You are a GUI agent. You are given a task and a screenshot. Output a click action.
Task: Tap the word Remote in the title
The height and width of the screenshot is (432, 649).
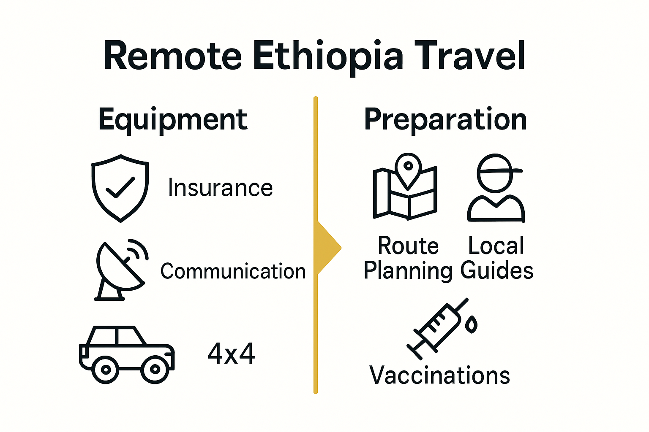coord(172,56)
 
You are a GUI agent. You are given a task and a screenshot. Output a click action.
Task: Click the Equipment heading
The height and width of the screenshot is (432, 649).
coord(172,120)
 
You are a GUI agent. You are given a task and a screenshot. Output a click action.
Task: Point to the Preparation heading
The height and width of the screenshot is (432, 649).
coord(445,120)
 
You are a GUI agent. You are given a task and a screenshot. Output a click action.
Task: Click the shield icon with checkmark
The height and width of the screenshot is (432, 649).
coord(120,188)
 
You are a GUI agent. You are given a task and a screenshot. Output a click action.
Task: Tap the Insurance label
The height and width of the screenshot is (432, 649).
coord(220,188)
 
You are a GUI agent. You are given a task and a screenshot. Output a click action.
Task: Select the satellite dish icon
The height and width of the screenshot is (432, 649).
coord(120,270)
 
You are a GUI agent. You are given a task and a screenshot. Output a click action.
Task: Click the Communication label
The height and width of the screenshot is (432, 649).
coord(233,271)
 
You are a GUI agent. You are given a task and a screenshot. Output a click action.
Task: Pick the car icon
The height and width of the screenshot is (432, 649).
coord(127,354)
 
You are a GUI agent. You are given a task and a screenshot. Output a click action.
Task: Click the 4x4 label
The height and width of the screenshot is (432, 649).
coord(231,354)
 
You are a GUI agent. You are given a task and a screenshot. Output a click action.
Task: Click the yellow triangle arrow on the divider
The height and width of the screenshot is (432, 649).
coord(327,248)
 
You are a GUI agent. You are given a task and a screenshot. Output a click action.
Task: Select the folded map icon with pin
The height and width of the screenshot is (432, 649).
coord(405,192)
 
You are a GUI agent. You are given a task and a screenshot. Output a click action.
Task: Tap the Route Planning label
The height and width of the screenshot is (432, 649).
coord(408,258)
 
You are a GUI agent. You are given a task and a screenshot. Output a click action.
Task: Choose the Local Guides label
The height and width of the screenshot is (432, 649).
coord(496,258)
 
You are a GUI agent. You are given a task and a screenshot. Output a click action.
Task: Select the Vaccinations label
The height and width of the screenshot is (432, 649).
coord(439,375)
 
